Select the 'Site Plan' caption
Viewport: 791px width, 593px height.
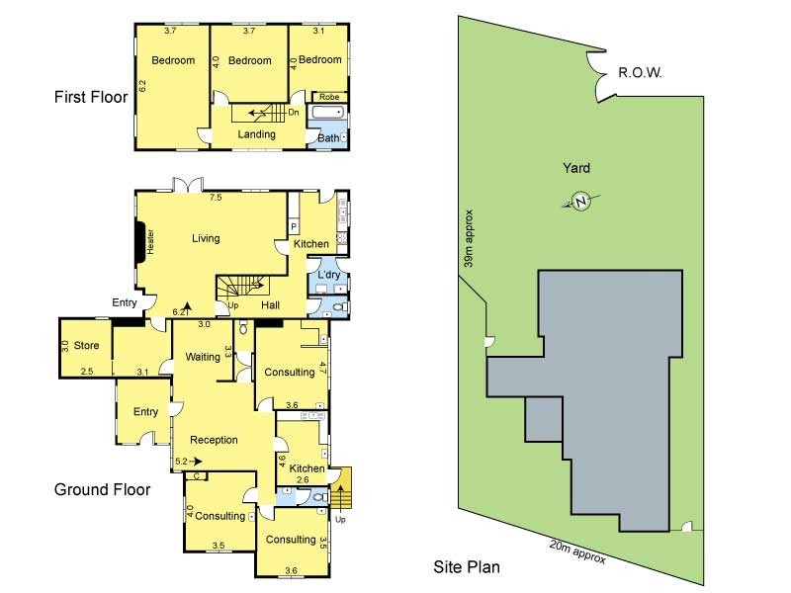467,567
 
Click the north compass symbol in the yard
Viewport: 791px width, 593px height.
580,202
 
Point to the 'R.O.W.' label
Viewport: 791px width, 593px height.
639,73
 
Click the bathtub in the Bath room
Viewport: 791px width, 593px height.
326,115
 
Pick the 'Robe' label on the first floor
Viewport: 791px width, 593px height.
329,97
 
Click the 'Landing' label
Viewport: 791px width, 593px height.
256,134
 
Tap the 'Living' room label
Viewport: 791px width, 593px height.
206,238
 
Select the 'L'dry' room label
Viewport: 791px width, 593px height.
327,274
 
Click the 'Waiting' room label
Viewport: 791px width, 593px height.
203,358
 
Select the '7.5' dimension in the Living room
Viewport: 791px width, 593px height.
215,198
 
